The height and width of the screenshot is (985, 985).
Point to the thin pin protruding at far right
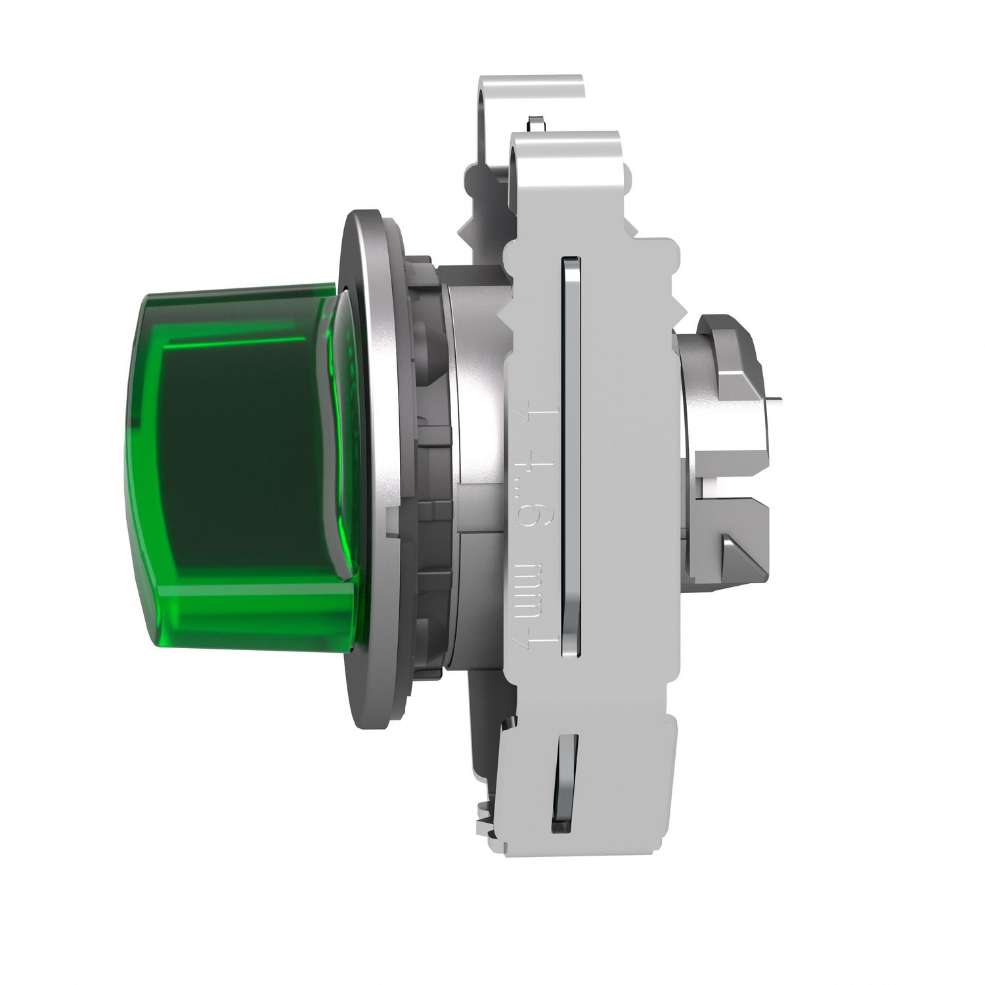click(775, 398)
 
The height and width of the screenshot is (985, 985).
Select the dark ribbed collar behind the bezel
click(424, 460)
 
